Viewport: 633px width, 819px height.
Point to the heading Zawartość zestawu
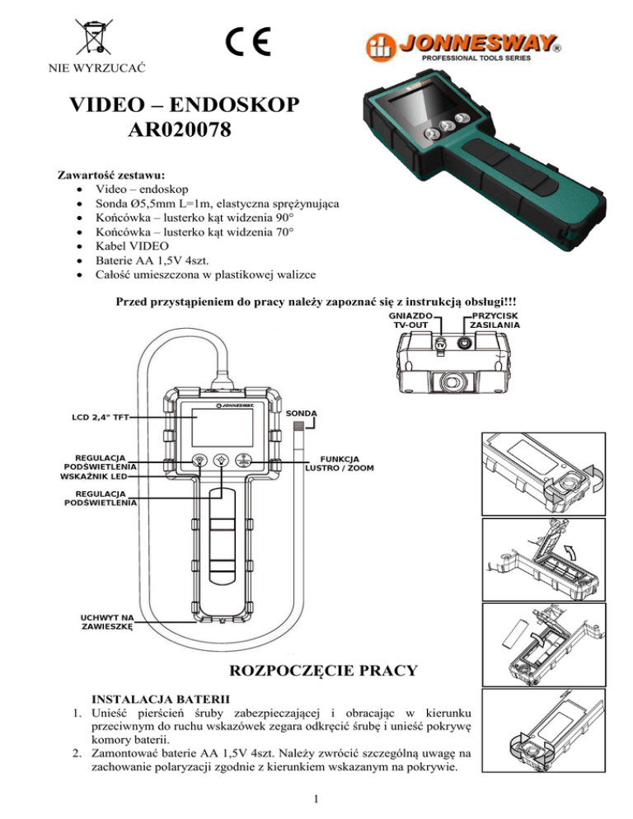coord(110,175)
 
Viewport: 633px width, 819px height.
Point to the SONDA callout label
coord(302,413)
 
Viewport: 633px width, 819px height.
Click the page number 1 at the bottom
coord(317,797)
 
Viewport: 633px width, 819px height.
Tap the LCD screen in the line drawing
coord(218,427)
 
